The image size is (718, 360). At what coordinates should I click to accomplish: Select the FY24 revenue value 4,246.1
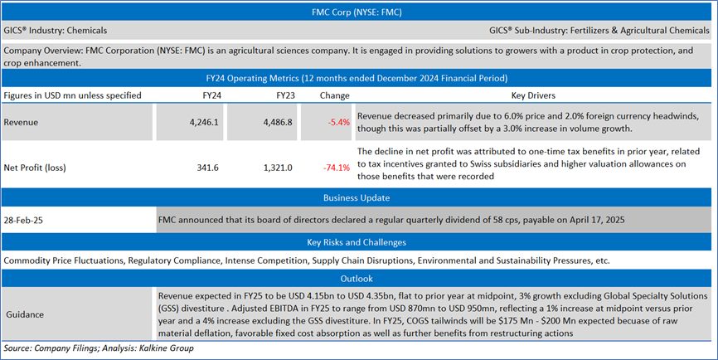pos(203,122)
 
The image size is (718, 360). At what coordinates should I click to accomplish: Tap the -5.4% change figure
pos(337,122)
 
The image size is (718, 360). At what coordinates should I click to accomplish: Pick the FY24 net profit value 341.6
pos(208,168)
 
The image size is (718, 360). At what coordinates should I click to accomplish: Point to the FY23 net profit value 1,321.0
pos(277,168)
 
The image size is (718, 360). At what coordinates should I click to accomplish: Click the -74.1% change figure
pos(336,168)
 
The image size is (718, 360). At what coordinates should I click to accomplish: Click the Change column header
pos(334,95)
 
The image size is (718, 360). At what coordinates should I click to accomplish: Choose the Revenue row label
pos(22,122)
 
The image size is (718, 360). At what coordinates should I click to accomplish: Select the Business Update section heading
pos(359,198)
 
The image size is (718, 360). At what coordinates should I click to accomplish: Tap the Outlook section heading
pos(359,279)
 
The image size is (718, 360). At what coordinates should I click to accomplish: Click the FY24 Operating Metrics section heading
pos(359,78)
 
